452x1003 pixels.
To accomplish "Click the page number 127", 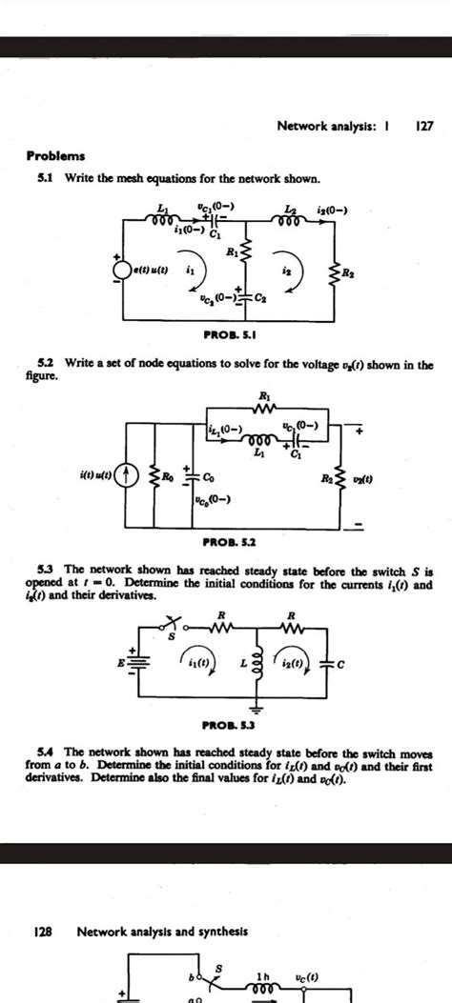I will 424,126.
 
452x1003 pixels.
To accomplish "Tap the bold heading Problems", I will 55,155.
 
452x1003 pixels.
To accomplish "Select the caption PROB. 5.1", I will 226,335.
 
